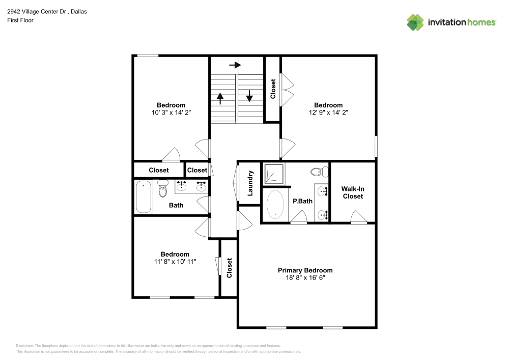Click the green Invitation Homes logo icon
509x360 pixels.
pyautogui.click(x=415, y=22)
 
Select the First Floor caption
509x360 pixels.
pyautogui.click(x=20, y=20)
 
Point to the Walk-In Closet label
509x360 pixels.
pyautogui.click(x=353, y=192)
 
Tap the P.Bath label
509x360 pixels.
pyautogui.click(x=302, y=201)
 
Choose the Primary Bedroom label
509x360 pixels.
pyautogui.click(x=305, y=270)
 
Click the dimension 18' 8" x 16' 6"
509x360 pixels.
pyautogui.click(x=305, y=278)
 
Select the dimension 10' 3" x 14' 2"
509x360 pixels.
pyautogui.click(x=171, y=113)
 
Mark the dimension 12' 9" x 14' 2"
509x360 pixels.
pyautogui.click(x=328, y=113)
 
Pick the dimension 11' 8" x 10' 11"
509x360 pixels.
pyautogui.click(x=175, y=261)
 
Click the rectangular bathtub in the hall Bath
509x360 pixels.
pyautogui.click(x=144, y=197)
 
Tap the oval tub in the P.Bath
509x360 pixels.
pyautogui.click(x=276, y=205)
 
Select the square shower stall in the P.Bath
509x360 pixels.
pyautogui.click(x=274, y=174)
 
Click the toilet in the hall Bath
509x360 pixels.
pyautogui.click(x=163, y=189)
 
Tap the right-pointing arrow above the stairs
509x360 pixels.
pyautogui.click(x=235, y=65)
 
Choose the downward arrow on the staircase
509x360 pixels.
pyautogui.click(x=250, y=96)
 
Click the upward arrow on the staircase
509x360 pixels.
pyautogui.click(x=220, y=98)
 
